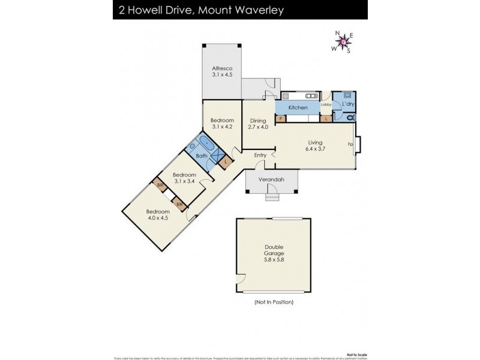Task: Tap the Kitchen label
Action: pos(298,107)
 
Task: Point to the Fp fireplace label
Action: pos(350,145)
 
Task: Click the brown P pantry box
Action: pos(281,119)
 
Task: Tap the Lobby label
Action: pos(326,105)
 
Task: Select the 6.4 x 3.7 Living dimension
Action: pos(314,149)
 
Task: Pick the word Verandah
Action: pos(271,179)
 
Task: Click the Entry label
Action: pos(260,155)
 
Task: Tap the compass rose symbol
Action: pos(343,42)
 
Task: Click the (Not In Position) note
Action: pos(273,302)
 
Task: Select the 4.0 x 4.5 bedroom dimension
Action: pos(158,218)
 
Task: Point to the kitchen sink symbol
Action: pos(311,95)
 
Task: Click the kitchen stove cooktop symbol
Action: pos(286,95)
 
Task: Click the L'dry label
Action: pos(348,105)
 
